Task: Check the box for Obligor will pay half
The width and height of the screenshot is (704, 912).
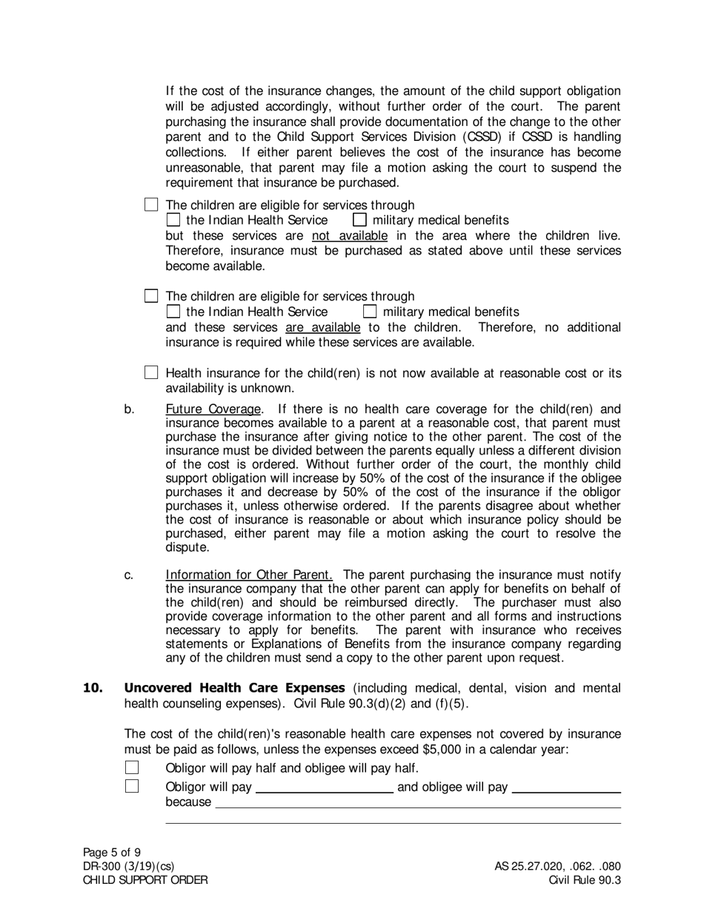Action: [x=132, y=767]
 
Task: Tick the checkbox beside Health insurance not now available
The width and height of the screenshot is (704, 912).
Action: [x=151, y=372]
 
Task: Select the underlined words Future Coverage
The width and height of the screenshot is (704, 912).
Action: [x=213, y=409]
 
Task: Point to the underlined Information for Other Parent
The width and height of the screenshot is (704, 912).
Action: [x=249, y=575]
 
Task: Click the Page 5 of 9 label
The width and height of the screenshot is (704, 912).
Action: [x=112, y=852]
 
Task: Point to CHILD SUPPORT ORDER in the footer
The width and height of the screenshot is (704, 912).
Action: [x=145, y=880]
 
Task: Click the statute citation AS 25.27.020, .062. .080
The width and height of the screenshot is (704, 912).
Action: [x=558, y=866]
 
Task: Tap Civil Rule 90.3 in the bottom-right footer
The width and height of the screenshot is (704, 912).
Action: [x=585, y=880]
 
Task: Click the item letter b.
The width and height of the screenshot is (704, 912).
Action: [x=129, y=409]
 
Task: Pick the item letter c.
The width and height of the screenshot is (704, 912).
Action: [x=129, y=575]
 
